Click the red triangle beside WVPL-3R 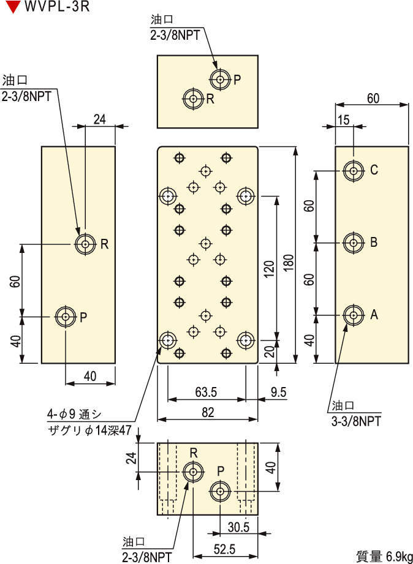tap(12, 9)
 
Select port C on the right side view tap(352, 171)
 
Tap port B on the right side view tap(352, 243)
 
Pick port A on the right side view tap(352, 315)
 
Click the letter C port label tap(374, 171)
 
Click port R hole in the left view tap(85, 244)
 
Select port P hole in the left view tap(65, 317)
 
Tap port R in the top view tap(194, 98)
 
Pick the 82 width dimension tap(208, 412)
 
